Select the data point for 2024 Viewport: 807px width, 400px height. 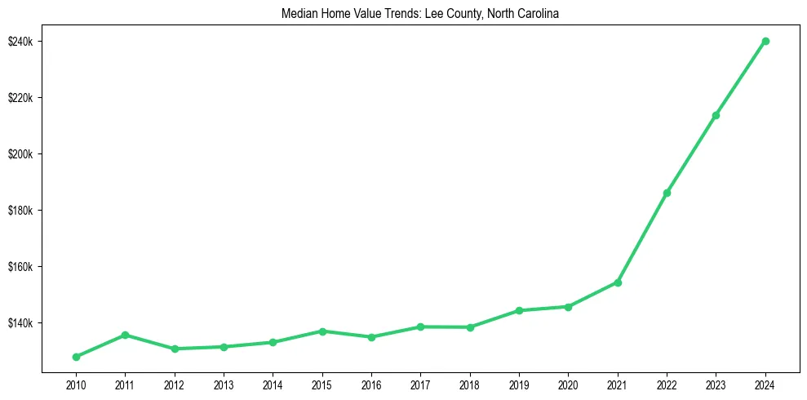765,41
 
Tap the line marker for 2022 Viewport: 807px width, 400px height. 667,193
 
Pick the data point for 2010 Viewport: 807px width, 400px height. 76,357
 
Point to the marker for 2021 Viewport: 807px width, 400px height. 618,282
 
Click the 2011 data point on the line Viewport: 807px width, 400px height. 125,335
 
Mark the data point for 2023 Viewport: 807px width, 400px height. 716,115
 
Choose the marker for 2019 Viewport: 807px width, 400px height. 519,310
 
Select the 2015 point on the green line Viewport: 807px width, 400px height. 322,331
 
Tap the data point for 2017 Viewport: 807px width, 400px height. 420,327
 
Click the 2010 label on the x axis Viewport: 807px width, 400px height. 76,384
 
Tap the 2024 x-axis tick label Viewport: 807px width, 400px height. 765,384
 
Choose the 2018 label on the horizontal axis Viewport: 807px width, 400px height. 470,384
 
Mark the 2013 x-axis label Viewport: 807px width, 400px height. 224,384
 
